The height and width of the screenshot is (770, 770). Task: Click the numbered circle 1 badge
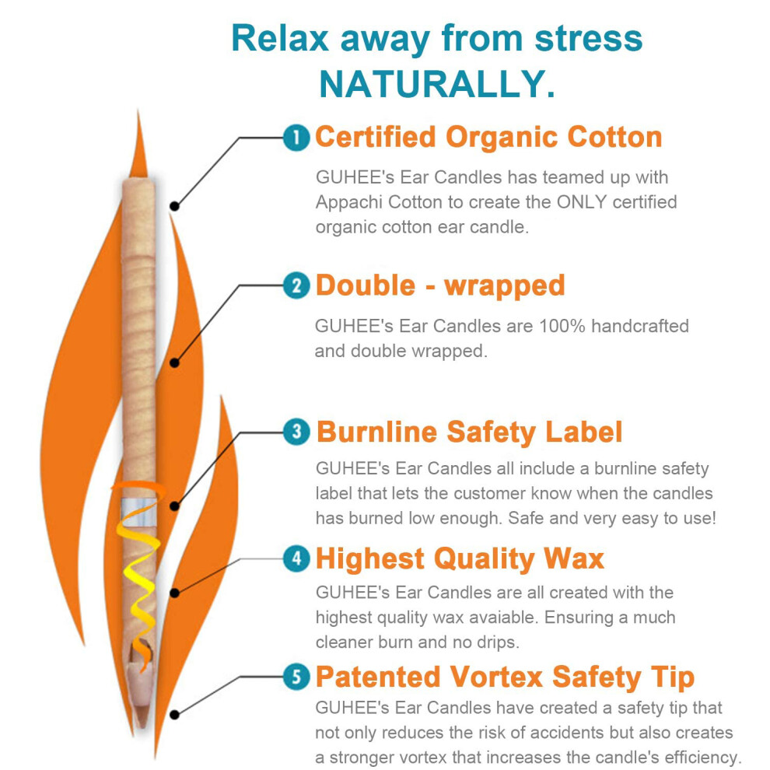296,138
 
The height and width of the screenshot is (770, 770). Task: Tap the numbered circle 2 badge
296,285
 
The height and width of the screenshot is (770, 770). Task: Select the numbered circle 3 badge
296,432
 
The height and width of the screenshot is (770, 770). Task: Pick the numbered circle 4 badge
296,558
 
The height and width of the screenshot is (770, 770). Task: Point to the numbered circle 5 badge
296,677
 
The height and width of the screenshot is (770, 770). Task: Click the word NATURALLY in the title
437,84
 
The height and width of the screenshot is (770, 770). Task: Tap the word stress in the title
588,38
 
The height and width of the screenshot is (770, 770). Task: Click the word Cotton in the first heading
614,137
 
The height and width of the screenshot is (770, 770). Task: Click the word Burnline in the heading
376,432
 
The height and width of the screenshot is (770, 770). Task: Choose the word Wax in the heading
573,559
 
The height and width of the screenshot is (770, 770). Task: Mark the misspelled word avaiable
502,618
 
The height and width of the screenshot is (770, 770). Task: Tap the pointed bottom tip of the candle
142,726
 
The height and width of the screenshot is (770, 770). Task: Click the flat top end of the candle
138,180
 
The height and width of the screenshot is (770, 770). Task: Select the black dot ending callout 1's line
174,206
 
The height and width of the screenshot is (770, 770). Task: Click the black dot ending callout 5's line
174,715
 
